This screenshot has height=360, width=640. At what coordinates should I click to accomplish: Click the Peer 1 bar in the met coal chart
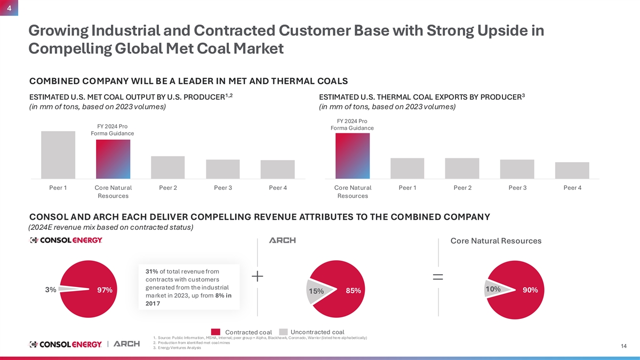pos(58,155)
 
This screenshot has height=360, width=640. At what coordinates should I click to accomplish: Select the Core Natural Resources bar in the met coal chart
pos(113,159)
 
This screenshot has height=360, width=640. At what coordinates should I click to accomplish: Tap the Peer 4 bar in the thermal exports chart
pos(572,171)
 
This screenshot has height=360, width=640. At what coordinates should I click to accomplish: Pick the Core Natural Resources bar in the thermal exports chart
pos(353,156)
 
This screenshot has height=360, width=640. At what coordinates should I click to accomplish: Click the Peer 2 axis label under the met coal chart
pos(168,188)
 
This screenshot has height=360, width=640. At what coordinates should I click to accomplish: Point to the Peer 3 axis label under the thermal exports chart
pos(517,188)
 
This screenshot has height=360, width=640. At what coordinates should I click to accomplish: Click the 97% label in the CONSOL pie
pos(105,290)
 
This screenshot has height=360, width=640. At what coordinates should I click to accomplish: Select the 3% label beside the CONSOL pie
pos(51,290)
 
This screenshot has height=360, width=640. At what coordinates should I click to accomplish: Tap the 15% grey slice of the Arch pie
pos(318,291)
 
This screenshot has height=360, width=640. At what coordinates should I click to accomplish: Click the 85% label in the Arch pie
pos(354,291)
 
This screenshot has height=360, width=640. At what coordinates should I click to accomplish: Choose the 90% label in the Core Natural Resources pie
pos(530,290)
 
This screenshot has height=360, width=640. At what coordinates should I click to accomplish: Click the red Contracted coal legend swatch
pos(215,332)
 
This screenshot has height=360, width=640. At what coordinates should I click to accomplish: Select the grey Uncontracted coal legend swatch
pos(283,332)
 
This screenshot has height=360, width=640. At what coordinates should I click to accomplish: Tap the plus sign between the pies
pos(258,276)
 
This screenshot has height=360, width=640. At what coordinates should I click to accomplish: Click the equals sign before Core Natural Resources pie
pos(438,277)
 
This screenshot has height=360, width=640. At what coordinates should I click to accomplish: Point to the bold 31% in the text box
pos(151,271)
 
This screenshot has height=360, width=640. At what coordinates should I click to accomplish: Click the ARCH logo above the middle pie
pos(282,241)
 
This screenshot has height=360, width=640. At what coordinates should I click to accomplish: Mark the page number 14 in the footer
pos(623,346)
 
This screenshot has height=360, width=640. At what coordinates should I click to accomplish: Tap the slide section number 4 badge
pos(9,7)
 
